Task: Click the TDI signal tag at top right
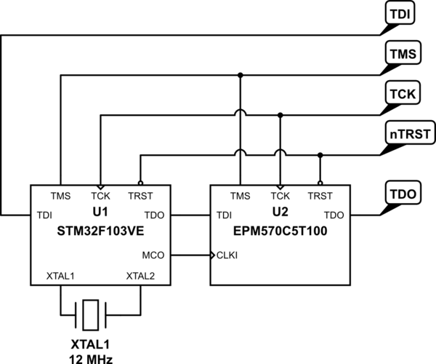point(400,13)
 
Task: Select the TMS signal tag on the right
point(403,53)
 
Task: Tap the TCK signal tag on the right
point(403,93)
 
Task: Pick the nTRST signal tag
point(410,133)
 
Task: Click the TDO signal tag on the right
point(403,193)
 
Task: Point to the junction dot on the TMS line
point(241,75)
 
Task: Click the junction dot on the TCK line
point(280,115)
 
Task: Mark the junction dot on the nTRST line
point(320,155)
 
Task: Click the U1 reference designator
point(100,213)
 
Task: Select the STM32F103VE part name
point(100,231)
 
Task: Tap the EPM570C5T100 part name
point(280,231)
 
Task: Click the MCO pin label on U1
point(153,255)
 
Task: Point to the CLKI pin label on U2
point(227,255)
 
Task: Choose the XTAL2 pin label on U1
point(140,276)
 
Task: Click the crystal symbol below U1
point(91,315)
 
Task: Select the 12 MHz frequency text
point(91,359)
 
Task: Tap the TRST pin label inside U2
point(320,196)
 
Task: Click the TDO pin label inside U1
point(154,215)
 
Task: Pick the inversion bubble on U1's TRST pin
point(141,183)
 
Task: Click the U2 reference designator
point(280,213)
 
